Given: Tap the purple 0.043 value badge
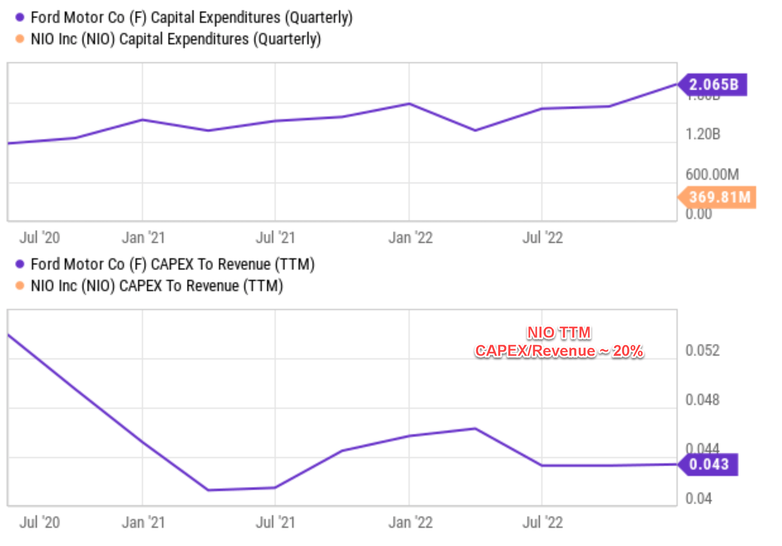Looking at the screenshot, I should coord(709,464).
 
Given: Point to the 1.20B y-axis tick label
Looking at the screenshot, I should coord(703,134).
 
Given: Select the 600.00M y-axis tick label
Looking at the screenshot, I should coord(712,175).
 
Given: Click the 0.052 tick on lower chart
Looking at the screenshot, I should coord(702,350).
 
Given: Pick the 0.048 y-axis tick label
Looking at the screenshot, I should coord(702,400).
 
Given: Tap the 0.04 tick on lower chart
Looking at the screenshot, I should coord(698,499).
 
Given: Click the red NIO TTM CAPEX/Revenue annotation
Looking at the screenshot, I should coord(559,342).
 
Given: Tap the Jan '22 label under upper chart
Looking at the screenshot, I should coord(410,238).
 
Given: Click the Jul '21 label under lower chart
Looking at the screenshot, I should coord(275,523).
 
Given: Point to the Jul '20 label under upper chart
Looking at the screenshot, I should coord(40,238).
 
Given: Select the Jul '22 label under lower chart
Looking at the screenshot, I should coord(542,523).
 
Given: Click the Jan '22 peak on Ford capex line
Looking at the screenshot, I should coord(409,104).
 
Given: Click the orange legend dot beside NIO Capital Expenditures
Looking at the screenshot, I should coord(19,39).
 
